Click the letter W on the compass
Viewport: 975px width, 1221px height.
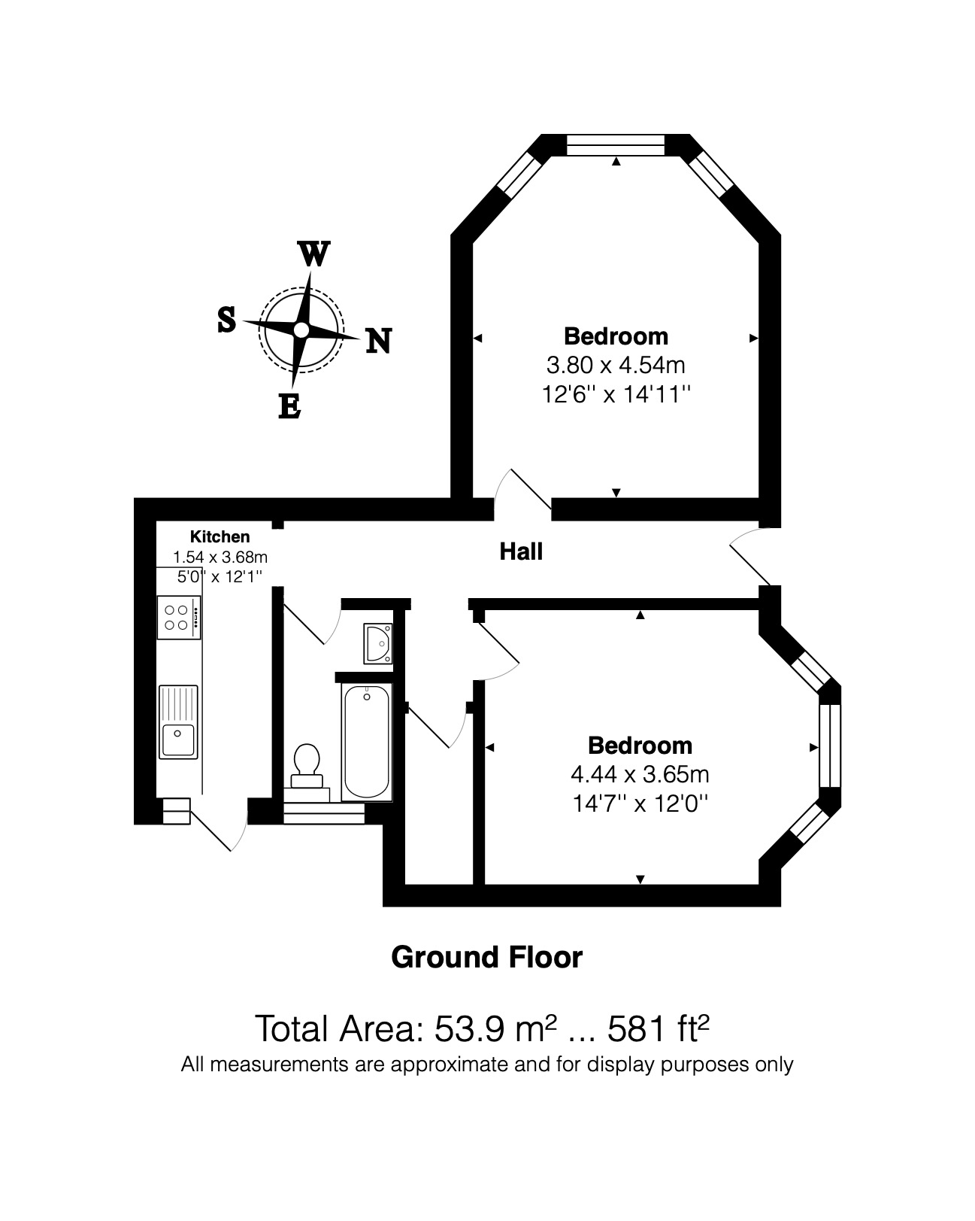click(313, 254)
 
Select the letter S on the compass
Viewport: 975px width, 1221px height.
click(227, 320)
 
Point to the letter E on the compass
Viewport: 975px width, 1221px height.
click(289, 406)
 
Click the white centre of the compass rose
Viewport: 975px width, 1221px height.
click(301, 330)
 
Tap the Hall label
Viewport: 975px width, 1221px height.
click(521, 551)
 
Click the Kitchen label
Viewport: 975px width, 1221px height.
click(220, 536)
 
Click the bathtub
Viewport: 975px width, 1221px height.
click(367, 742)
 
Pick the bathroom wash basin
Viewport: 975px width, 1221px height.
click(378, 643)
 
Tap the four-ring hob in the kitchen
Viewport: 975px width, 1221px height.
click(179, 618)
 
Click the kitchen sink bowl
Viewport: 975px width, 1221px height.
click(178, 739)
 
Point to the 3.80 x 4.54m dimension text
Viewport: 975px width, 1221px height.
click(616, 366)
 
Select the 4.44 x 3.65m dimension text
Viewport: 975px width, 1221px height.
click(640, 774)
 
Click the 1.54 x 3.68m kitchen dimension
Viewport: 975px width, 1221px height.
click(220, 557)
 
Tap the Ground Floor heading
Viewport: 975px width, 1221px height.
click(487, 958)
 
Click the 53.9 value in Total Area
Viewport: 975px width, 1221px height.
click(469, 1028)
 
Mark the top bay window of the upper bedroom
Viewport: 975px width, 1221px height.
click(616, 144)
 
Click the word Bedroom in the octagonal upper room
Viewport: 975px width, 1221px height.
click(616, 336)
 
